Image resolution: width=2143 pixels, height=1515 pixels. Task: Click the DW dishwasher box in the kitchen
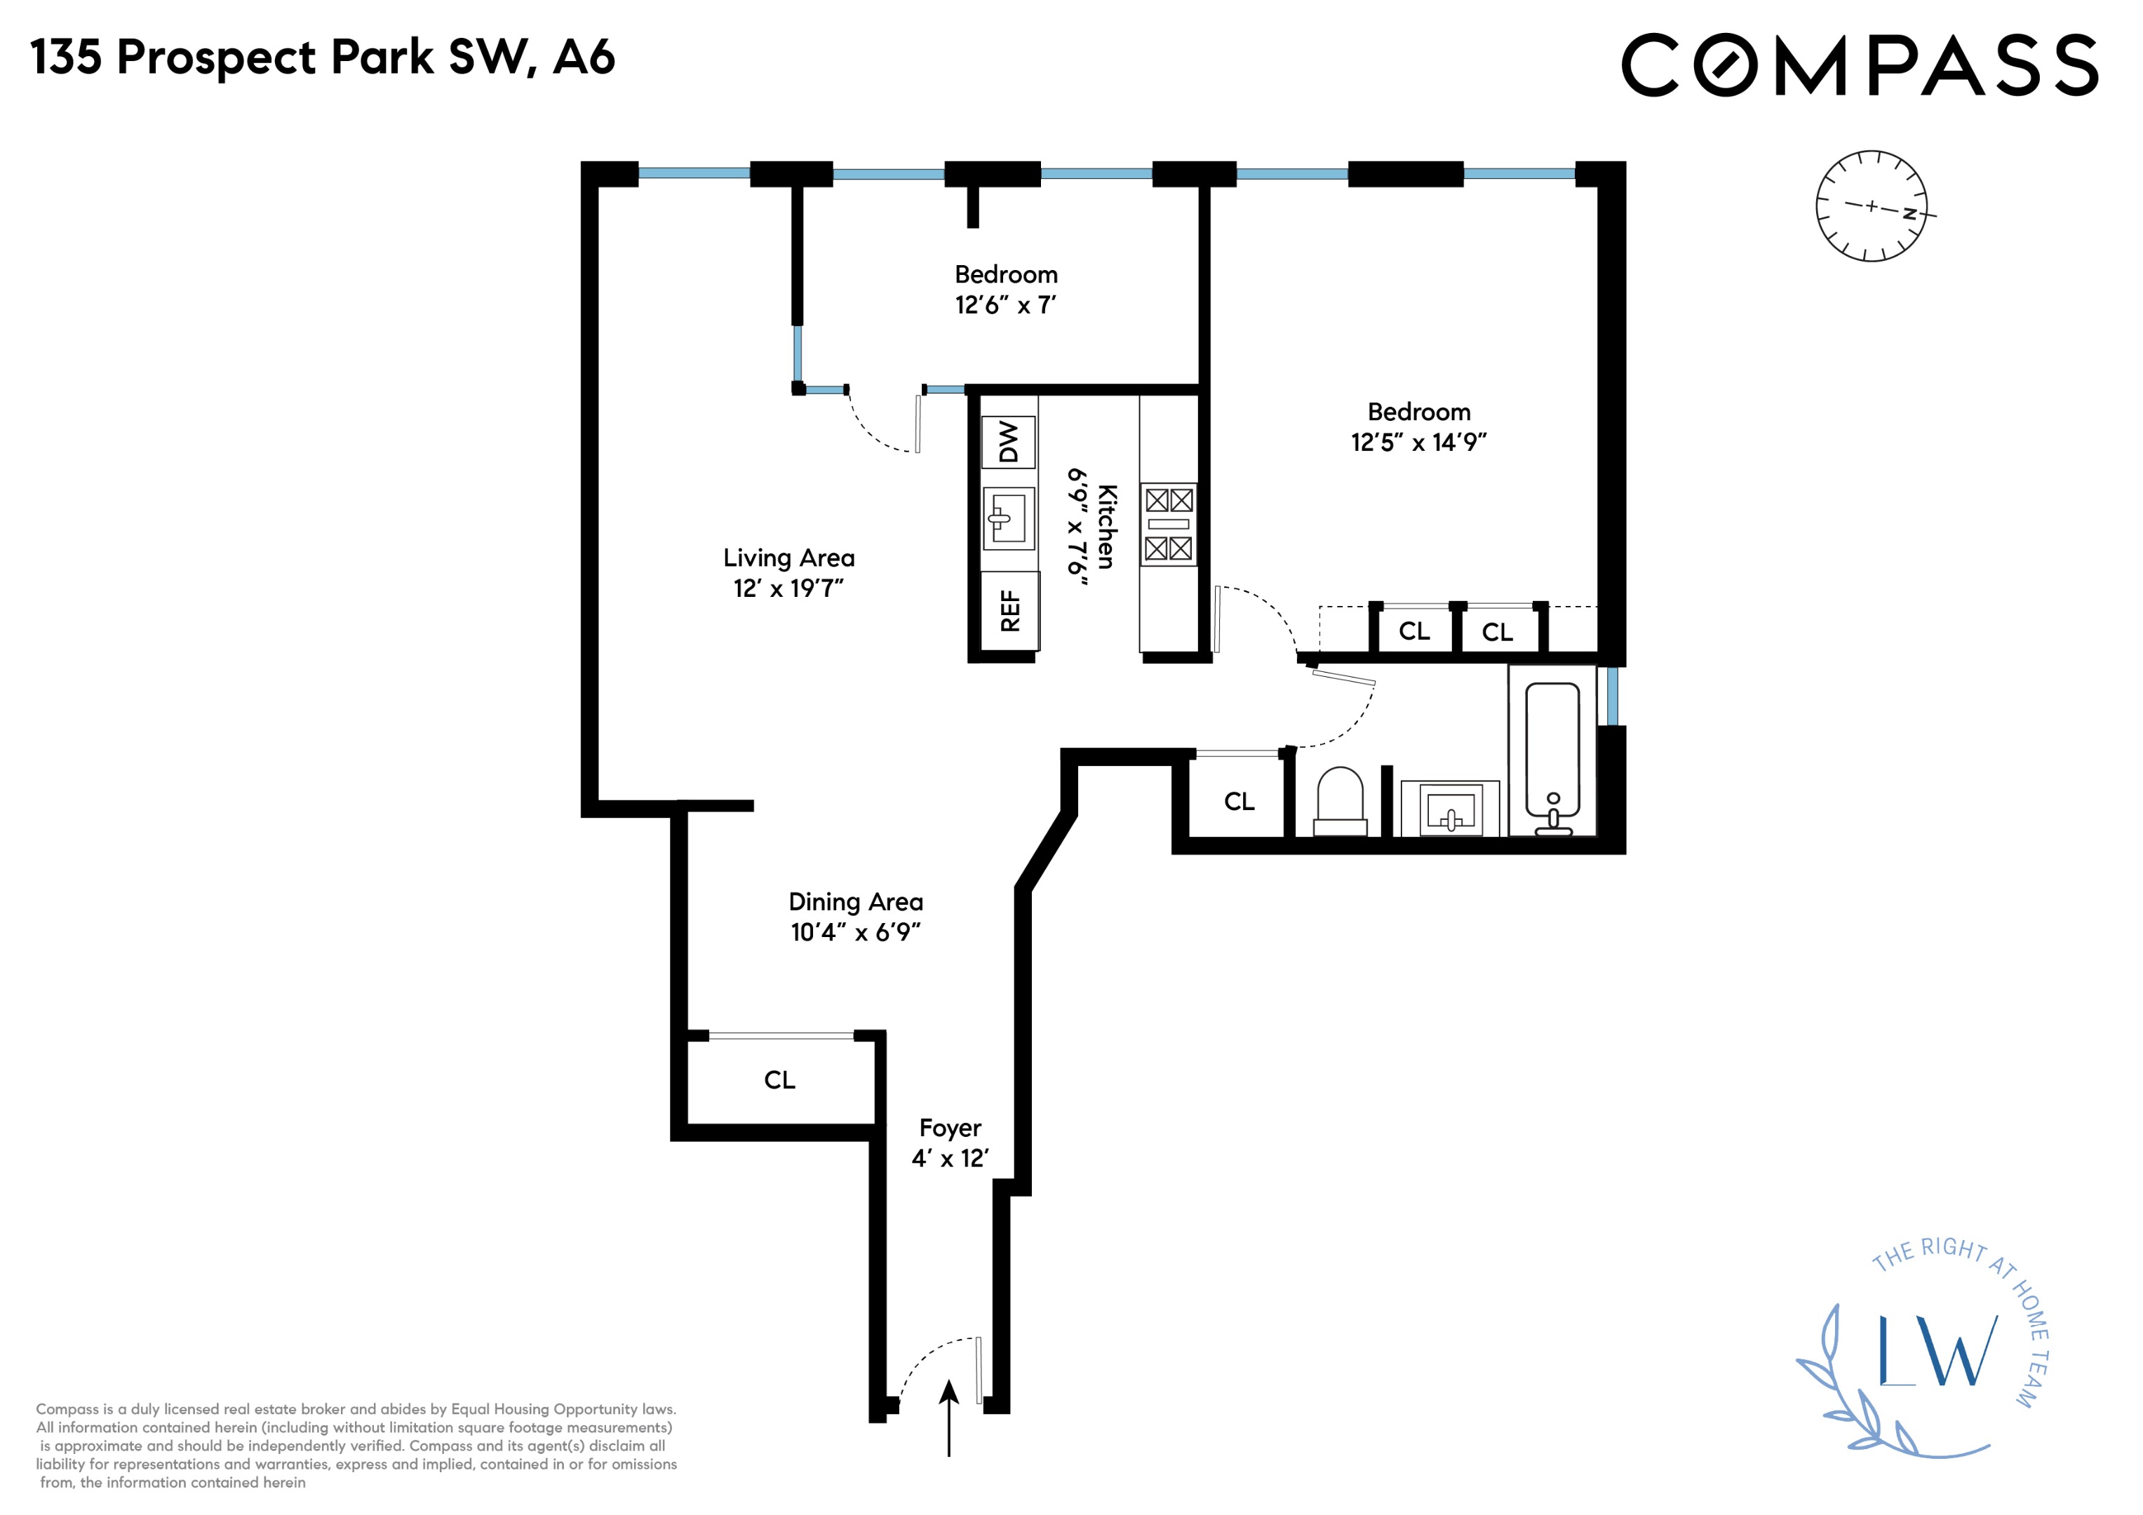tap(1008, 442)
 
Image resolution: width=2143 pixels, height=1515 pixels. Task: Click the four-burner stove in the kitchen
tap(1169, 524)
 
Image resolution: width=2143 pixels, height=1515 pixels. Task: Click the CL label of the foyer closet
tap(779, 1080)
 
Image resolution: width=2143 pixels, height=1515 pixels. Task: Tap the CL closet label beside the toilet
tap(1239, 802)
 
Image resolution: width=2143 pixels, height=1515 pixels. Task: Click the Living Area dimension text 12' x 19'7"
tap(788, 588)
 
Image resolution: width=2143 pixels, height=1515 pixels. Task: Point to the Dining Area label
tap(855, 902)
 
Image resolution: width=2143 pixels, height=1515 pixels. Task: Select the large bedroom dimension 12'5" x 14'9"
tap(1418, 443)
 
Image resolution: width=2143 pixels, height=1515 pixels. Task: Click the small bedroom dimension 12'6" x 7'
tap(1005, 305)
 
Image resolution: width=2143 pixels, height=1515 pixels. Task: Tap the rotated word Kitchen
tap(1106, 527)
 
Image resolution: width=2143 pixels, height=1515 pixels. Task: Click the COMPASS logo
tap(1860, 65)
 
